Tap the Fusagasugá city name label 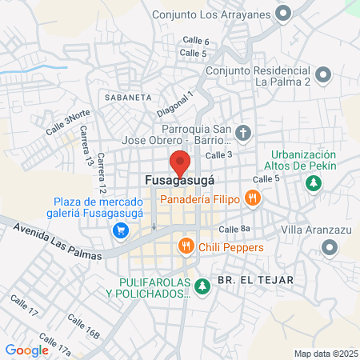[x=180, y=182]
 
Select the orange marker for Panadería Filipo [x=252, y=198]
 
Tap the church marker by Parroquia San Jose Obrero [x=244, y=131]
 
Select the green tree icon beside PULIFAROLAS [x=202, y=286]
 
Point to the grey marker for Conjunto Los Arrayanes [x=282, y=13]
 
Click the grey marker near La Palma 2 [x=323, y=75]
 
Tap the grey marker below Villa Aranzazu [x=330, y=250]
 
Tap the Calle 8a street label [x=234, y=230]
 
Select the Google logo [x=26, y=350]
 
